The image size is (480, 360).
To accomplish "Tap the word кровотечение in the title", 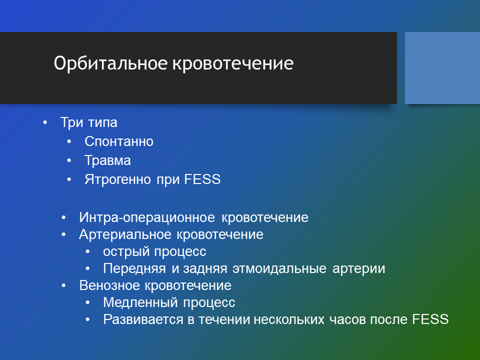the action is pos(233,63).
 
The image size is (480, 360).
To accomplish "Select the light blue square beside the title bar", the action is pos(442,68).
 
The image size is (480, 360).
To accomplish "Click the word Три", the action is pos(72,122).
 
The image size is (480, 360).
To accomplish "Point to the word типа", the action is pos(103,122).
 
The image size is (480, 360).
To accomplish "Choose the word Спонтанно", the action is pos(119,141).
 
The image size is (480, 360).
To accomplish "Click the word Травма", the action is pos(108,160).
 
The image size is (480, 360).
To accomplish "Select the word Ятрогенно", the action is pos(117,179).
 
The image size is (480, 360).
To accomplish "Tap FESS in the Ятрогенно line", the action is pos(202,179).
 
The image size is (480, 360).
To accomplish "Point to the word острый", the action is pos(126,251).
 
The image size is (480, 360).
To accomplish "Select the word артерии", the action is pos(358,269).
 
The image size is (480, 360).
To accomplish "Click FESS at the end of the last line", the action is pos(430,320).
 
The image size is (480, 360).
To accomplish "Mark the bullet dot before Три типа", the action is pos(45,123).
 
